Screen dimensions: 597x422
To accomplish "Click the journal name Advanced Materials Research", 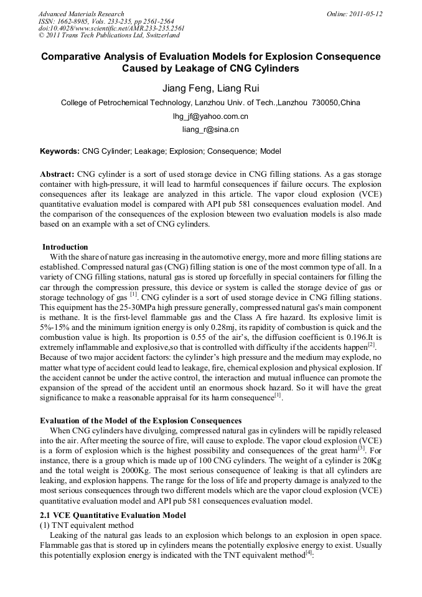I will click(81, 14).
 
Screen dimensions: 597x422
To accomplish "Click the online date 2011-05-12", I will click(366, 14).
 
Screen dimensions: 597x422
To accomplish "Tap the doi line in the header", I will click(111, 28).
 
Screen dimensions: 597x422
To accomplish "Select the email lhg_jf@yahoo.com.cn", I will click(210, 116).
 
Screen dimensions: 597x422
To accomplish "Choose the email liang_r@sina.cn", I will click(210, 130).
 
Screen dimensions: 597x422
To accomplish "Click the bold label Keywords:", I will click(60, 151).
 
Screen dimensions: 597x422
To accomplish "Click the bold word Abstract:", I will click(57, 174).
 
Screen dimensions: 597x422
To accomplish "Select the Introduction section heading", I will click(65, 247).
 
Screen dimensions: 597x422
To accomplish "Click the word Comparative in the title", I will click(77, 57).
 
